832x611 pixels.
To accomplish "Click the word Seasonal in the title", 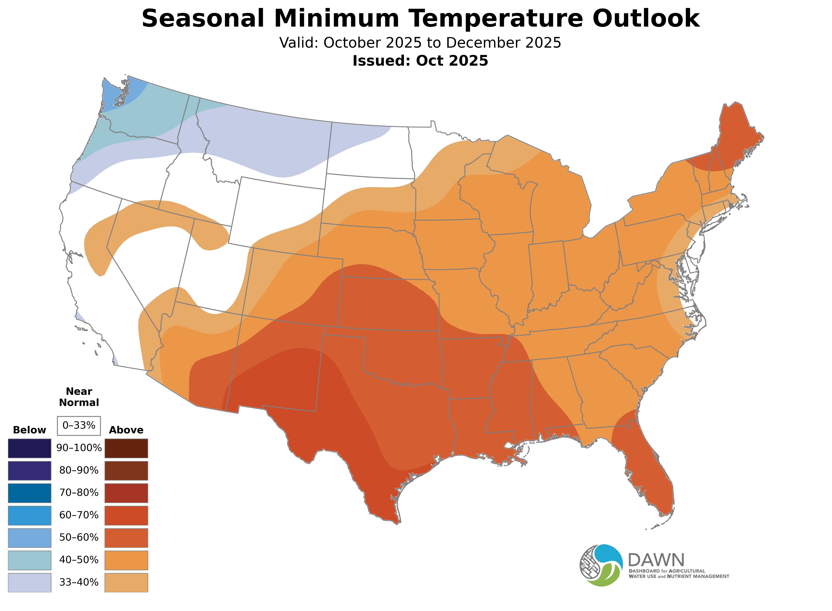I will tap(203, 18).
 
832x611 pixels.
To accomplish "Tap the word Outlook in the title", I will tap(646, 18).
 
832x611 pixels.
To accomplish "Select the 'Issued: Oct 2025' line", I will tap(420, 61).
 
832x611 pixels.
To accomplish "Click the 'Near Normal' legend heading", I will tap(79, 397).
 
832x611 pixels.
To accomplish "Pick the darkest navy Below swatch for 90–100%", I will tap(30, 448).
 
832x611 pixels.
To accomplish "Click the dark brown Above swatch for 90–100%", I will tap(126, 448).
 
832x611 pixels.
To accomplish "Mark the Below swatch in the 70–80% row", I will tap(30, 493).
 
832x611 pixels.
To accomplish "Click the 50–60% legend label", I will tap(79, 537).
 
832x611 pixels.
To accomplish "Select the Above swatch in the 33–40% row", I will tap(126, 582).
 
